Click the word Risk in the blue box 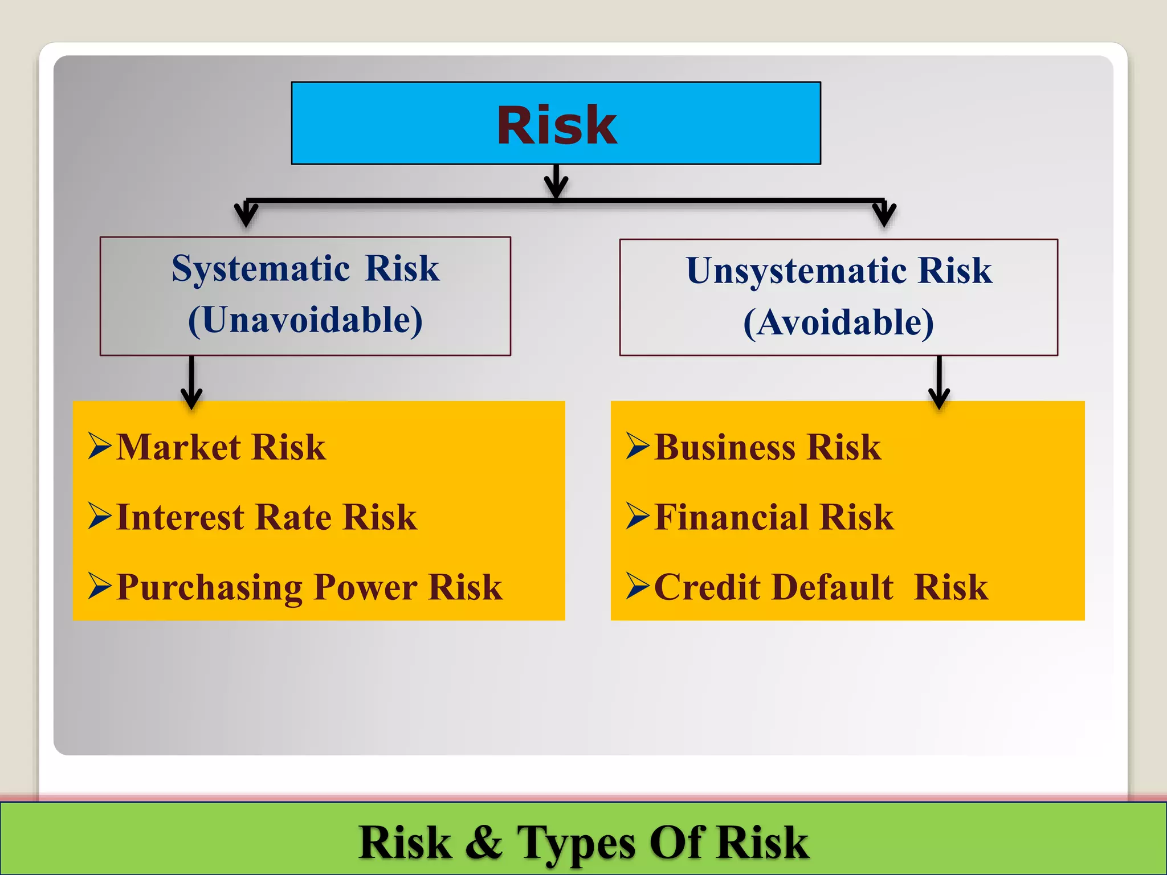(x=557, y=125)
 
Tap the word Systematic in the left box (x=260, y=268)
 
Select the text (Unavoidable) (x=305, y=320)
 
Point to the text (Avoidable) (x=838, y=322)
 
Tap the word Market (x=178, y=447)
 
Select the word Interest (x=180, y=517)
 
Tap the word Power (x=365, y=588)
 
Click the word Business (x=725, y=447)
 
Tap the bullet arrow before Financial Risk (x=638, y=516)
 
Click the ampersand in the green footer (x=484, y=842)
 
